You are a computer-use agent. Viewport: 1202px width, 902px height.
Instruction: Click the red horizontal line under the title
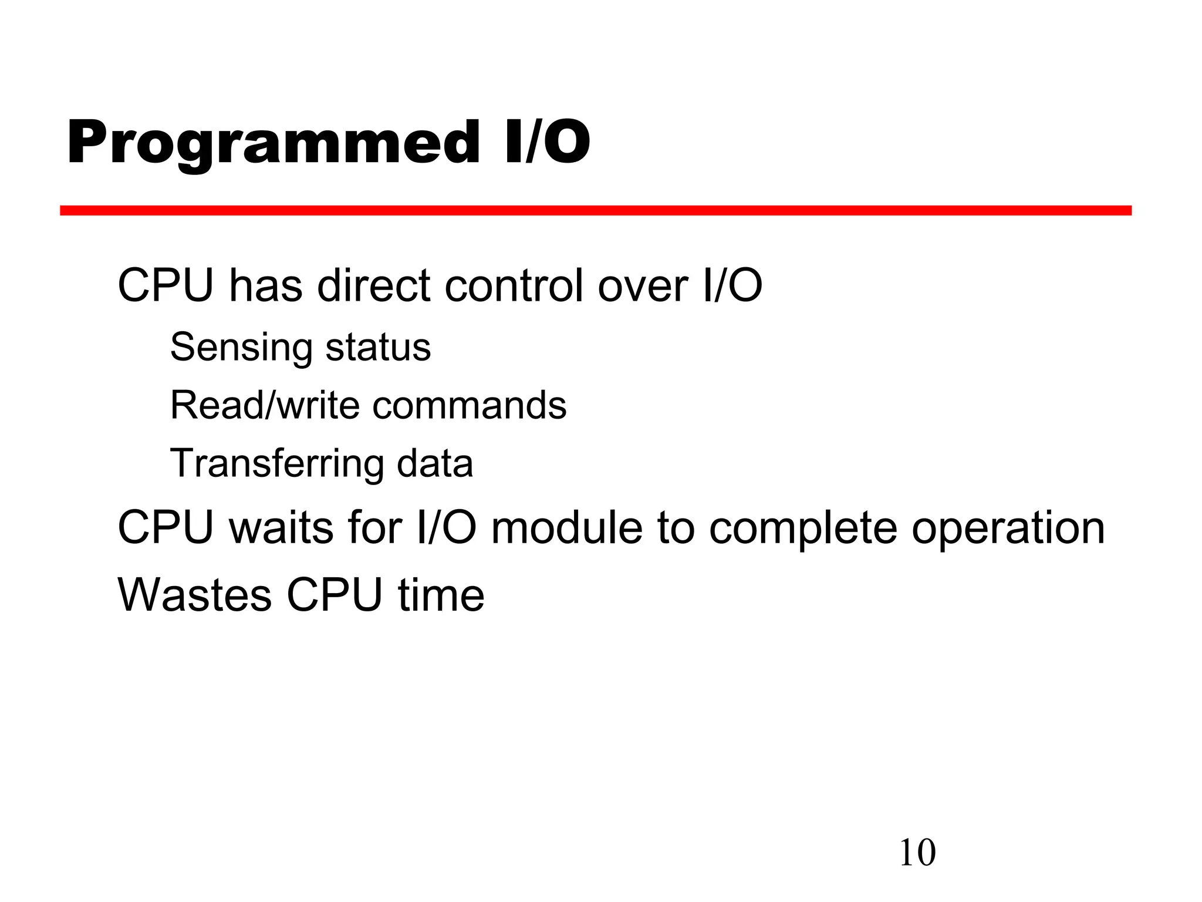point(595,210)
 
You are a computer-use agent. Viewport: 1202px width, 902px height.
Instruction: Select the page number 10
point(917,853)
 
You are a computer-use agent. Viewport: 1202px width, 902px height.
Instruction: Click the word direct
point(374,286)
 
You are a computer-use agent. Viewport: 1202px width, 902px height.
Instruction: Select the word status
point(378,347)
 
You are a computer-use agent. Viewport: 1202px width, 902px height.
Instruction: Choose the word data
point(434,463)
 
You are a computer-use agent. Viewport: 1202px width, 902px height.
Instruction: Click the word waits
point(281,527)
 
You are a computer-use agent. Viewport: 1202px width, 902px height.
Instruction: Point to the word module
point(567,527)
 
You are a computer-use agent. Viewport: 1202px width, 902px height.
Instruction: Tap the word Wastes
point(195,595)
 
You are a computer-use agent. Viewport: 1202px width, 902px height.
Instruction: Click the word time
point(441,595)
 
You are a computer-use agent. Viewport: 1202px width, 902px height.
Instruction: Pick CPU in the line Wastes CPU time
point(334,595)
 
